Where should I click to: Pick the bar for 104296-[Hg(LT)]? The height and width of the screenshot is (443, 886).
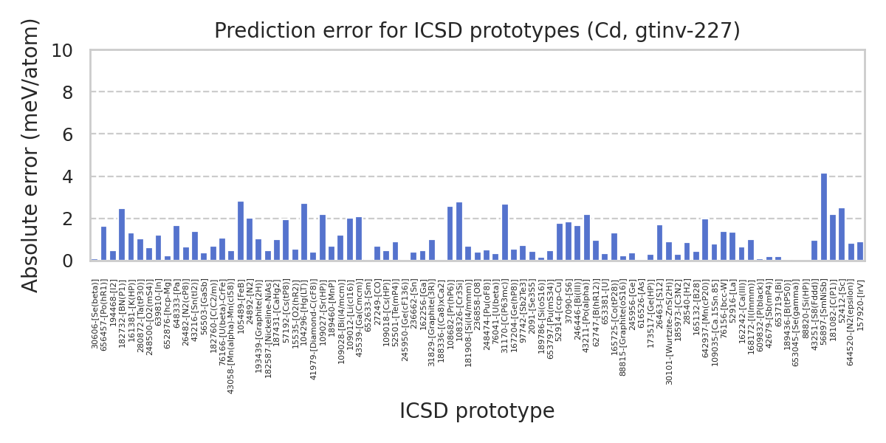304,233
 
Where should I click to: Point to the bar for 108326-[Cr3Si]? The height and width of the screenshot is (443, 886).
459,232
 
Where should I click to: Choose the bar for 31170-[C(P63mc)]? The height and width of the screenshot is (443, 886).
505,233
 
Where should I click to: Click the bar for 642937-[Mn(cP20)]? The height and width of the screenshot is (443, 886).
705,240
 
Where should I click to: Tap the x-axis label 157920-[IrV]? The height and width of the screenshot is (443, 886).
860,310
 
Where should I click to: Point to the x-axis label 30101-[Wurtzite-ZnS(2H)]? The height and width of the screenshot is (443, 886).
669,332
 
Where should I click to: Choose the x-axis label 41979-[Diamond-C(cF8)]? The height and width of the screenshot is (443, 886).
314,329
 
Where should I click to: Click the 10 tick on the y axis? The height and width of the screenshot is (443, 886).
62,50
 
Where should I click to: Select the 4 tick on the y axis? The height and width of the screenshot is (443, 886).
67,177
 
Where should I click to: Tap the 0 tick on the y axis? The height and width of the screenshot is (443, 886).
67,261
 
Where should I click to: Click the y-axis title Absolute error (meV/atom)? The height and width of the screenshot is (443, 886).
30,155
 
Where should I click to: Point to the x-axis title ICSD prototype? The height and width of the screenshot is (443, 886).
477,411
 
